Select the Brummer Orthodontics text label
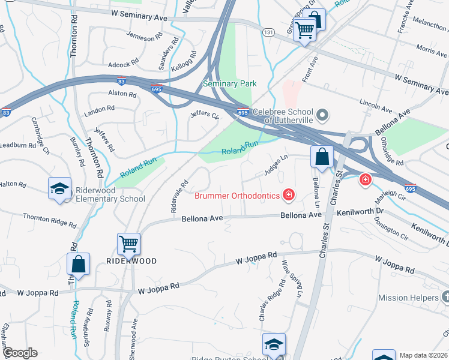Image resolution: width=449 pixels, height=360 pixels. pyautogui.click(x=237, y=196)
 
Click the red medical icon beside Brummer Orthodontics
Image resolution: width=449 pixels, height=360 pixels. pyautogui.click(x=289, y=194)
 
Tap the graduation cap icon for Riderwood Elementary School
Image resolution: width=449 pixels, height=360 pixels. pyautogui.click(x=60, y=188)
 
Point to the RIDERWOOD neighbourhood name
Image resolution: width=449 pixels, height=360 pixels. pyautogui.click(x=131, y=261)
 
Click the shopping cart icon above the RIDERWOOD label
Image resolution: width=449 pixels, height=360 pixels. pyautogui.click(x=128, y=244)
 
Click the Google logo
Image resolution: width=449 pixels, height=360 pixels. pyautogui.click(x=19, y=353)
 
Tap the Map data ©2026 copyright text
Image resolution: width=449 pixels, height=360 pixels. pyautogui.click(x=423, y=355)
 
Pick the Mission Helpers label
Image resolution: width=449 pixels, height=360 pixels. pyautogui.click(x=408, y=298)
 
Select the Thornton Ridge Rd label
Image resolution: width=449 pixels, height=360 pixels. pyautogui.click(x=50, y=220)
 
